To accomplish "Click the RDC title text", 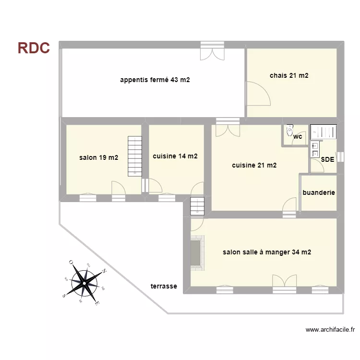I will (x=34, y=48).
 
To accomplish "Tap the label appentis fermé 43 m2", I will (x=155, y=80).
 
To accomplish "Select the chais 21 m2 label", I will (x=288, y=75).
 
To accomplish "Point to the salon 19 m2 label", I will (x=98, y=157).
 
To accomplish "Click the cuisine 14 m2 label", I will (x=175, y=156).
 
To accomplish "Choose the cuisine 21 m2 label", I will (x=254, y=165).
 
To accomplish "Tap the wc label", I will (x=298, y=137).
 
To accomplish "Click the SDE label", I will (x=327, y=159).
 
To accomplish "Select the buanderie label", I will (x=319, y=192).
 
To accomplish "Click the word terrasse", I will (x=164, y=286).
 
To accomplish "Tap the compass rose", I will (x=84, y=283).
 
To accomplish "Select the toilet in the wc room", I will (x=289, y=131).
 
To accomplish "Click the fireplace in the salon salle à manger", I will (x=196, y=252).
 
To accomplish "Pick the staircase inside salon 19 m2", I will (x=135, y=156).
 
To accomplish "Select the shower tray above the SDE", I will (x=324, y=132).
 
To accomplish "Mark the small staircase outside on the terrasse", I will (x=197, y=206).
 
